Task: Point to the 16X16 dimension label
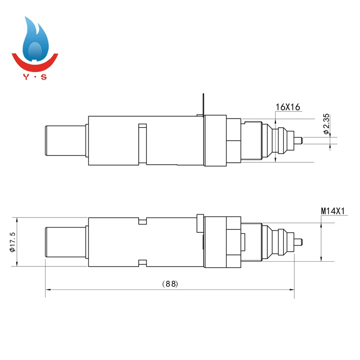[x=288, y=107]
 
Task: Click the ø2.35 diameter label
[x=325, y=124]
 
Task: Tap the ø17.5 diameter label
[x=12, y=241]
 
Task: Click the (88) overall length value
[x=170, y=284]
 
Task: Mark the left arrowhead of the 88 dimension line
[x=48, y=290]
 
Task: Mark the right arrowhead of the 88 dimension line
[x=292, y=290]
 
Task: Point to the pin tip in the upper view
[x=300, y=140]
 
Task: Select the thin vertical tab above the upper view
[x=204, y=104]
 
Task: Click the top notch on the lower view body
[x=142, y=221]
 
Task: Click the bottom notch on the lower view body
[x=142, y=262]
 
